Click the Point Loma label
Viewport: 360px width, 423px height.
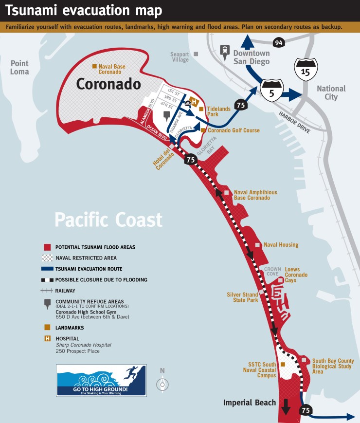click(20, 68)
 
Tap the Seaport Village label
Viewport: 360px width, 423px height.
click(180, 57)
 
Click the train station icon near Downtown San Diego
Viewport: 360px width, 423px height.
click(225, 50)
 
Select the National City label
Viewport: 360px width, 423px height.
click(331, 92)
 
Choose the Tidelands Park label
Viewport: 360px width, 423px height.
click(219, 111)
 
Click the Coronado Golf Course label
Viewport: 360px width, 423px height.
click(234, 130)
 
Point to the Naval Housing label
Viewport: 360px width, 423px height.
click(281, 245)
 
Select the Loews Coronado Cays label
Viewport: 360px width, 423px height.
click(296, 275)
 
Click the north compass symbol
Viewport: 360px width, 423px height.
click(162, 384)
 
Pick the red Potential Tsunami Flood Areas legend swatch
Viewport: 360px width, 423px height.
click(47, 247)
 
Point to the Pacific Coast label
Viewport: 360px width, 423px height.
click(108, 220)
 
